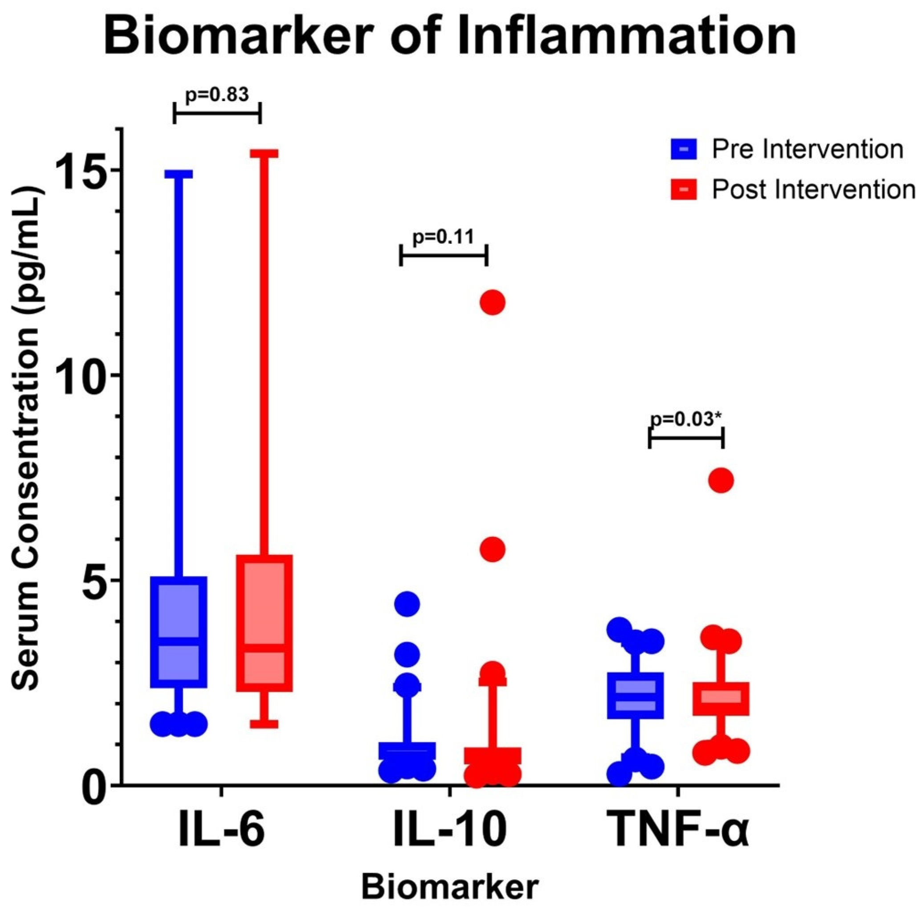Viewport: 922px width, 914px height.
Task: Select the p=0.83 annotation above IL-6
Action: pyautogui.click(x=217, y=95)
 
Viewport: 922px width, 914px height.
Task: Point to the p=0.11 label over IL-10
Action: pyautogui.click(x=443, y=237)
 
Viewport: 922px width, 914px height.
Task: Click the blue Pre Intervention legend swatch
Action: pyautogui.click(x=684, y=149)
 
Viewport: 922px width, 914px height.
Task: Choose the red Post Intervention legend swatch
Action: pyautogui.click(x=684, y=189)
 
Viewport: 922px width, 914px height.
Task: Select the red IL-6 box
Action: pyautogui.click(x=265, y=623)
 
